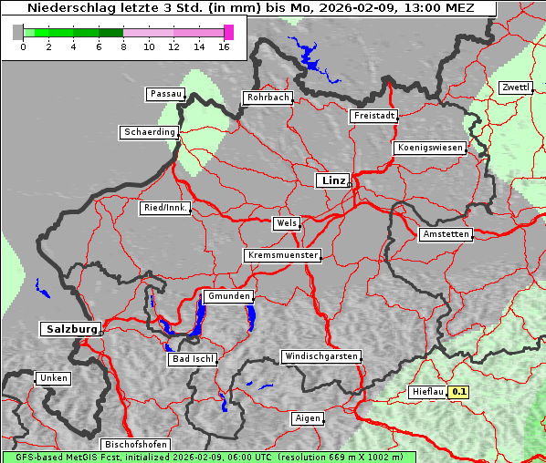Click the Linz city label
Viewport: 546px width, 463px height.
[x=332, y=180]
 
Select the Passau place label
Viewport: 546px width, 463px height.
[x=165, y=94]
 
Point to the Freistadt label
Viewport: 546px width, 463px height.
[x=373, y=116]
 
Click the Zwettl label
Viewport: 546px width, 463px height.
[x=515, y=87]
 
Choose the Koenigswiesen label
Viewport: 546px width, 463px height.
[x=430, y=148]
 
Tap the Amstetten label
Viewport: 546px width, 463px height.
[x=446, y=234]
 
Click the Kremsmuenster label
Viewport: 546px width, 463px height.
[x=282, y=255]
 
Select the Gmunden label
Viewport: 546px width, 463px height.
[x=227, y=296]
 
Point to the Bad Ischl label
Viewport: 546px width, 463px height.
[x=193, y=359]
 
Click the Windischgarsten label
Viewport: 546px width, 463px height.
[x=320, y=356]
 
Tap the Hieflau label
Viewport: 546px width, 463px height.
[x=427, y=392]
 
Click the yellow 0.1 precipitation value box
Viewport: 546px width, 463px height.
[x=459, y=392]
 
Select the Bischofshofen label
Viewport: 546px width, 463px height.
[x=135, y=444]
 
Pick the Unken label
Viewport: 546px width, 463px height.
[x=53, y=377]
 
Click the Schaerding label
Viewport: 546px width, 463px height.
[x=149, y=132]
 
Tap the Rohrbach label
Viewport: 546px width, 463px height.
[x=267, y=98]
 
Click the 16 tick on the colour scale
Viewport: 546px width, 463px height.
[x=224, y=46]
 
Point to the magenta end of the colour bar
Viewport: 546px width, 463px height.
[x=228, y=32]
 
